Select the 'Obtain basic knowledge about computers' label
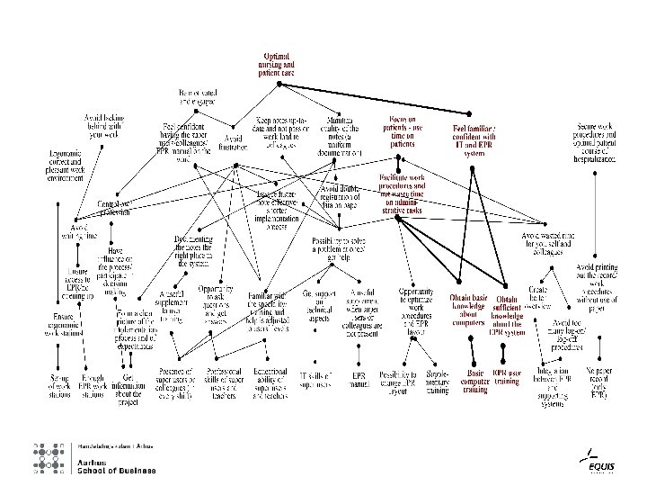pyautogui.click(x=469, y=310)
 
